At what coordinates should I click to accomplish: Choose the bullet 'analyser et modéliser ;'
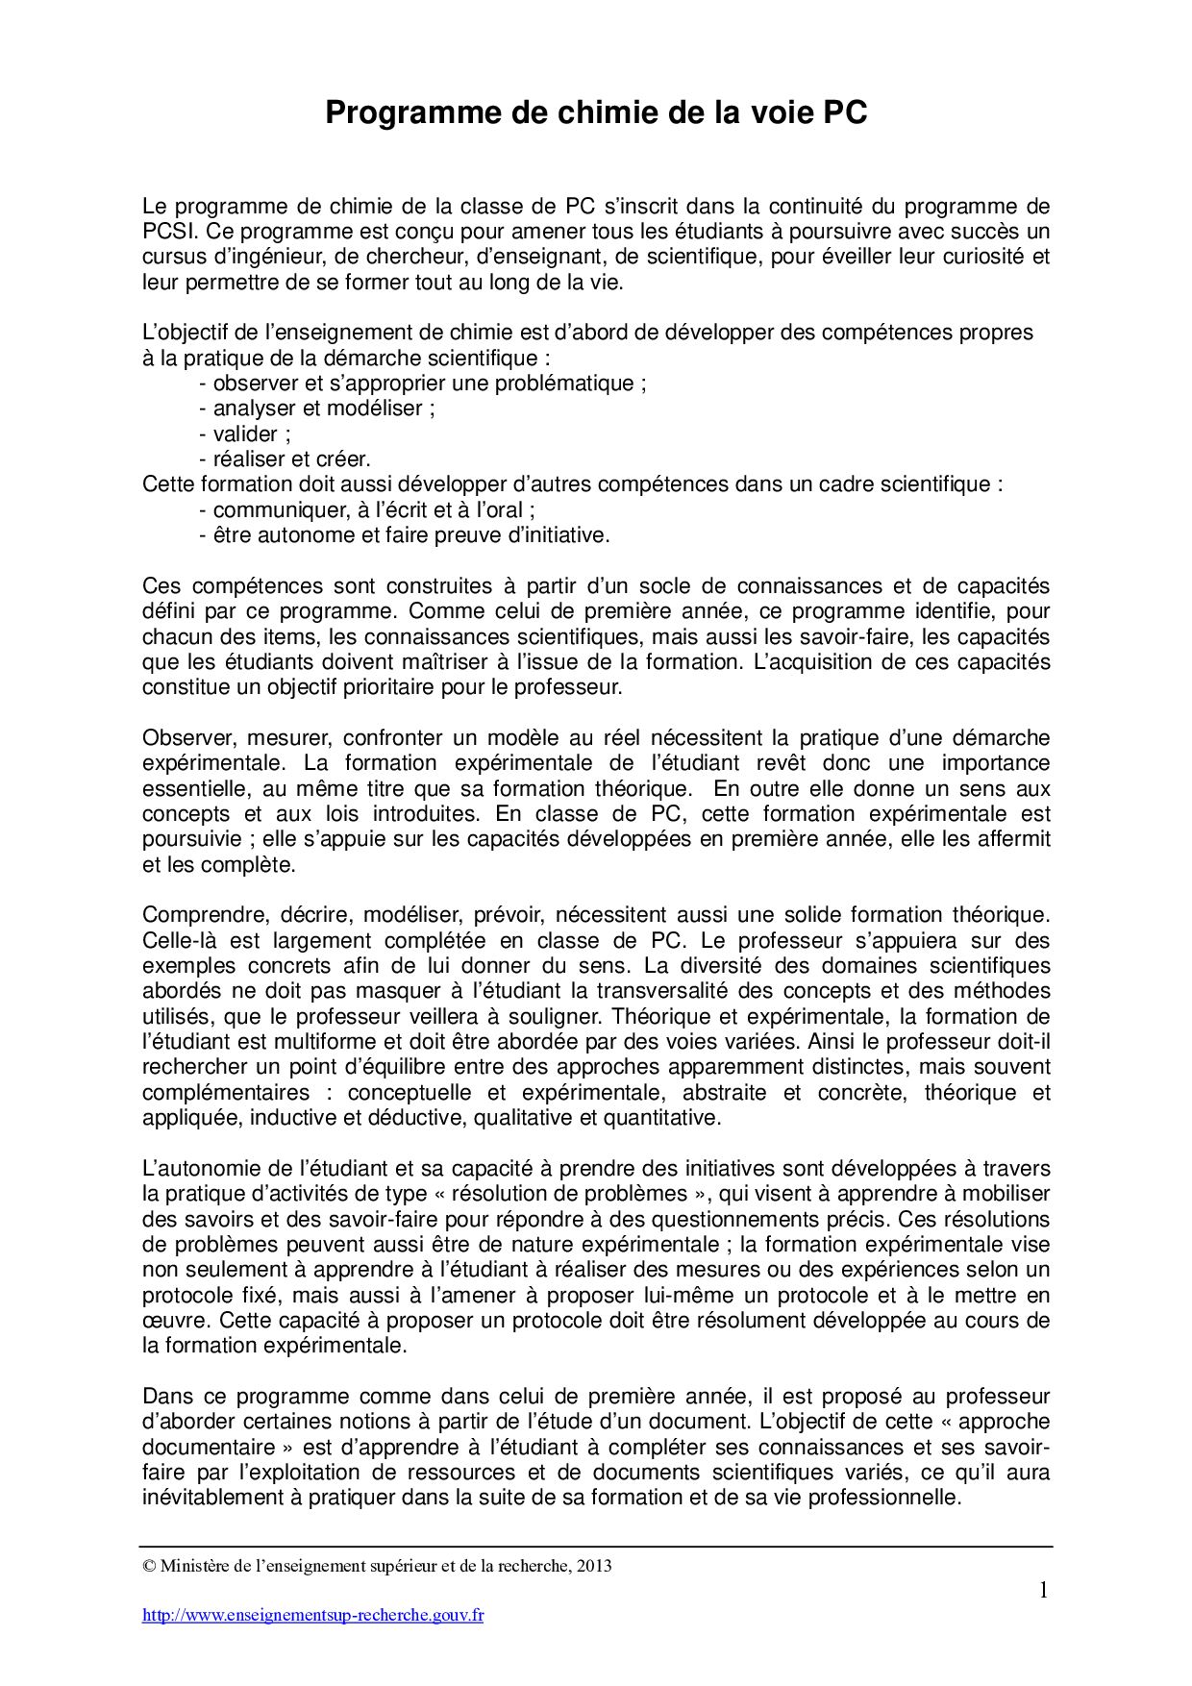coord(317,409)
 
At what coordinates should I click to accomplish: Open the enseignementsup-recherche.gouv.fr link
coord(312,1616)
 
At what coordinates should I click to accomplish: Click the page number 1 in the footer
coord(1043,1591)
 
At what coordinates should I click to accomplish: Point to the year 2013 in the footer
coord(593,1566)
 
